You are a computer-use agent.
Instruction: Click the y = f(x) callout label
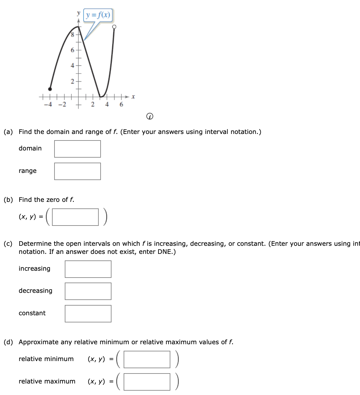click(x=98, y=15)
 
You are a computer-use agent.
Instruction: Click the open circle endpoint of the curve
click(x=114, y=27)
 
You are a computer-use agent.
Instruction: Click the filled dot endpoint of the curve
click(x=50, y=89)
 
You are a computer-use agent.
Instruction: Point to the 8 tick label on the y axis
click(x=72, y=35)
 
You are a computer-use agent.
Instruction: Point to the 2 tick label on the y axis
click(x=72, y=82)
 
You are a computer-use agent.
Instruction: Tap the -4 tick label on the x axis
click(x=48, y=104)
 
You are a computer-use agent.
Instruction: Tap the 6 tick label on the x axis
click(x=121, y=104)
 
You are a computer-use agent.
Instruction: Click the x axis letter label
click(x=133, y=97)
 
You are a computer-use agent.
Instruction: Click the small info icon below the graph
click(x=150, y=117)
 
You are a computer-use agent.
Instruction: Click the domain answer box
click(x=78, y=149)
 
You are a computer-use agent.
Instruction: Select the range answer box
click(x=78, y=171)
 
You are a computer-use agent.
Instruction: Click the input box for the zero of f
click(x=75, y=217)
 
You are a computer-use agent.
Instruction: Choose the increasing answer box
click(x=88, y=269)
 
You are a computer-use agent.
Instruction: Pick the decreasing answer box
click(x=88, y=291)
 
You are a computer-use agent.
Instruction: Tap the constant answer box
click(x=88, y=314)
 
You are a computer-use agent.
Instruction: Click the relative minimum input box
click(x=147, y=359)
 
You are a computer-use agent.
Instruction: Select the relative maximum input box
click(x=147, y=382)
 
